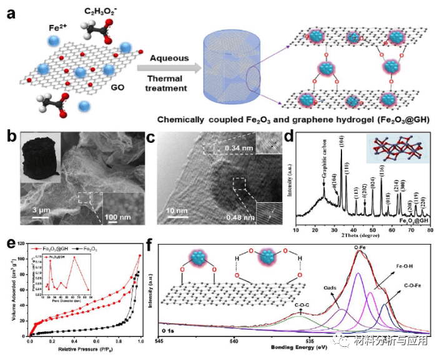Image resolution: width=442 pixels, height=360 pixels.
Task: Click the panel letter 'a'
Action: click(x=10, y=13)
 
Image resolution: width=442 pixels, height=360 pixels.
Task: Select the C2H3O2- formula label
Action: click(x=99, y=12)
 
